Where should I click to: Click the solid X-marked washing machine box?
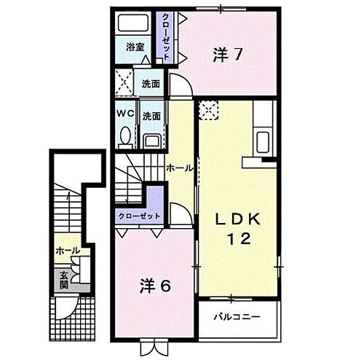tap(122, 82)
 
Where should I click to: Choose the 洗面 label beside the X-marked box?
tap(150, 82)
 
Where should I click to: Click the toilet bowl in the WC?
tap(124, 135)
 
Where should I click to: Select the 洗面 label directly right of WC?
tap(151, 115)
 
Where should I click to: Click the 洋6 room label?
tap(155, 286)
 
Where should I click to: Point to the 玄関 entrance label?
tap(63, 278)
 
